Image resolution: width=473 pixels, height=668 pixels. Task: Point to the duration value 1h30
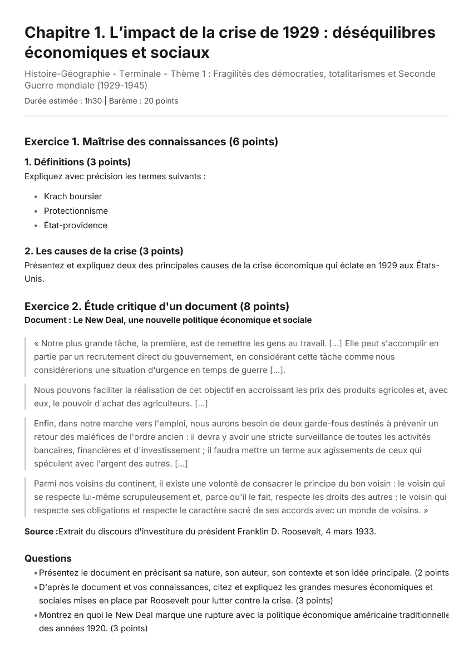pyautogui.click(x=93, y=101)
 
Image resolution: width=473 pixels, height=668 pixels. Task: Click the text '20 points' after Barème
pyautogui.click(x=161, y=101)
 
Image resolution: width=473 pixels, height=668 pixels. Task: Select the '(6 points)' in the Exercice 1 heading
pyautogui.click(x=253, y=141)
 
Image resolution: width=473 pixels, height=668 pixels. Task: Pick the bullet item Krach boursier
pyautogui.click(x=73, y=197)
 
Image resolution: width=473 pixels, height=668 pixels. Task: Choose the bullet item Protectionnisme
pyautogui.click(x=76, y=211)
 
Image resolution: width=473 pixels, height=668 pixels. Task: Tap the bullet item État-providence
pyautogui.click(x=76, y=225)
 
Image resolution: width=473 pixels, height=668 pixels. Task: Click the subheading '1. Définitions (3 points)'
pyautogui.click(x=77, y=162)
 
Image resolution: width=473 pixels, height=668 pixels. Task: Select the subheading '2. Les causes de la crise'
pyautogui.click(x=81, y=251)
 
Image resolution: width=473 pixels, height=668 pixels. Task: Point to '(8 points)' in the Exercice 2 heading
pyautogui.click(x=264, y=306)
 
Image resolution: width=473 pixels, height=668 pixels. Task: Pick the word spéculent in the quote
pyautogui.click(x=53, y=464)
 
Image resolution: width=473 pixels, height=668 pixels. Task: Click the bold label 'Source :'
pyautogui.click(x=41, y=532)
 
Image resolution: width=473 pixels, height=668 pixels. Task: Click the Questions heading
pyautogui.click(x=48, y=558)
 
